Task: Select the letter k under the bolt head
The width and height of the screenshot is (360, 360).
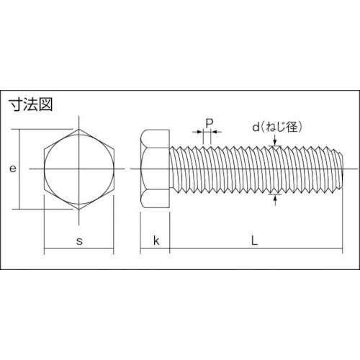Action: click(155, 241)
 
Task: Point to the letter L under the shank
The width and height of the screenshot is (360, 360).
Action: click(254, 241)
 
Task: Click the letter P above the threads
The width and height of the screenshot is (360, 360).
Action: click(208, 122)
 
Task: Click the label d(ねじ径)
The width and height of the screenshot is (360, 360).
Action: click(277, 127)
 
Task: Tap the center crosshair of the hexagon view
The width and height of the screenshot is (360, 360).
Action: click(78, 169)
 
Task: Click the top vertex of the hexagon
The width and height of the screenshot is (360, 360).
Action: click(78, 130)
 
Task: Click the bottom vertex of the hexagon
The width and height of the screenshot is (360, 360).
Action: click(78, 209)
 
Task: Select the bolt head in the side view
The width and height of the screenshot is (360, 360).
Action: click(155, 169)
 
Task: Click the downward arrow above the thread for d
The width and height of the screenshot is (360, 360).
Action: click(276, 145)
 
